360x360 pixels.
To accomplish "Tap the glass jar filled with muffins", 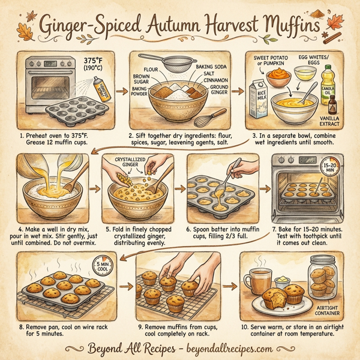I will (324, 277).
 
